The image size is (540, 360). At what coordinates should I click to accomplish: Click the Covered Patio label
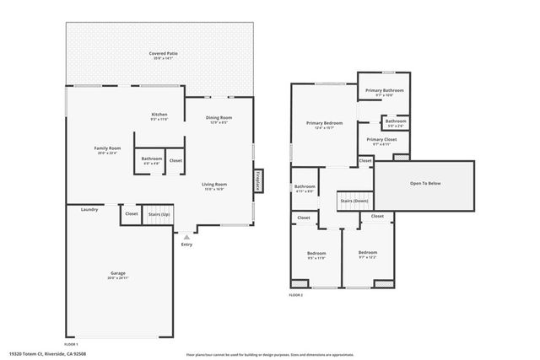[163, 53]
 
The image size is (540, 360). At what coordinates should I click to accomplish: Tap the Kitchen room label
[159, 115]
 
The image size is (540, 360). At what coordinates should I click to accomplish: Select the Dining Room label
[220, 118]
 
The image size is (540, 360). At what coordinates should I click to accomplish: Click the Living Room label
[213, 184]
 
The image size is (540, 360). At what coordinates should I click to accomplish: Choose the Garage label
[117, 273]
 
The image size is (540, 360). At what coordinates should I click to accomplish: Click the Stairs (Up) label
[158, 214]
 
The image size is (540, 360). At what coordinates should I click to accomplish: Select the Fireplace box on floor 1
[258, 180]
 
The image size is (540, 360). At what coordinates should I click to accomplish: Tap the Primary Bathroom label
[384, 90]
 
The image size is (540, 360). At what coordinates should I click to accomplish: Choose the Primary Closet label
[381, 139]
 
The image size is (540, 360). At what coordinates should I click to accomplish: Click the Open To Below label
[425, 183]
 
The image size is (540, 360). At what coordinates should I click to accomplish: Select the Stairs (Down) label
[354, 201]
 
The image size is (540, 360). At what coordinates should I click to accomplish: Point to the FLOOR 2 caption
[296, 295]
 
